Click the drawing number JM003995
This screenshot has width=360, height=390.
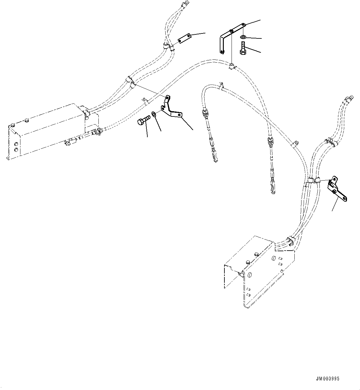point(327,379)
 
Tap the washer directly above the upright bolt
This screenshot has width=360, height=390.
point(243,37)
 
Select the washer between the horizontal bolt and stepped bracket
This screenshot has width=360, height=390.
point(154,115)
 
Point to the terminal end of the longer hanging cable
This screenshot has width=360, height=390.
point(273,189)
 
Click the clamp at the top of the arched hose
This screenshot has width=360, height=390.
point(232,65)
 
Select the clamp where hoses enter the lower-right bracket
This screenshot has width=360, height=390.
point(290,240)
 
